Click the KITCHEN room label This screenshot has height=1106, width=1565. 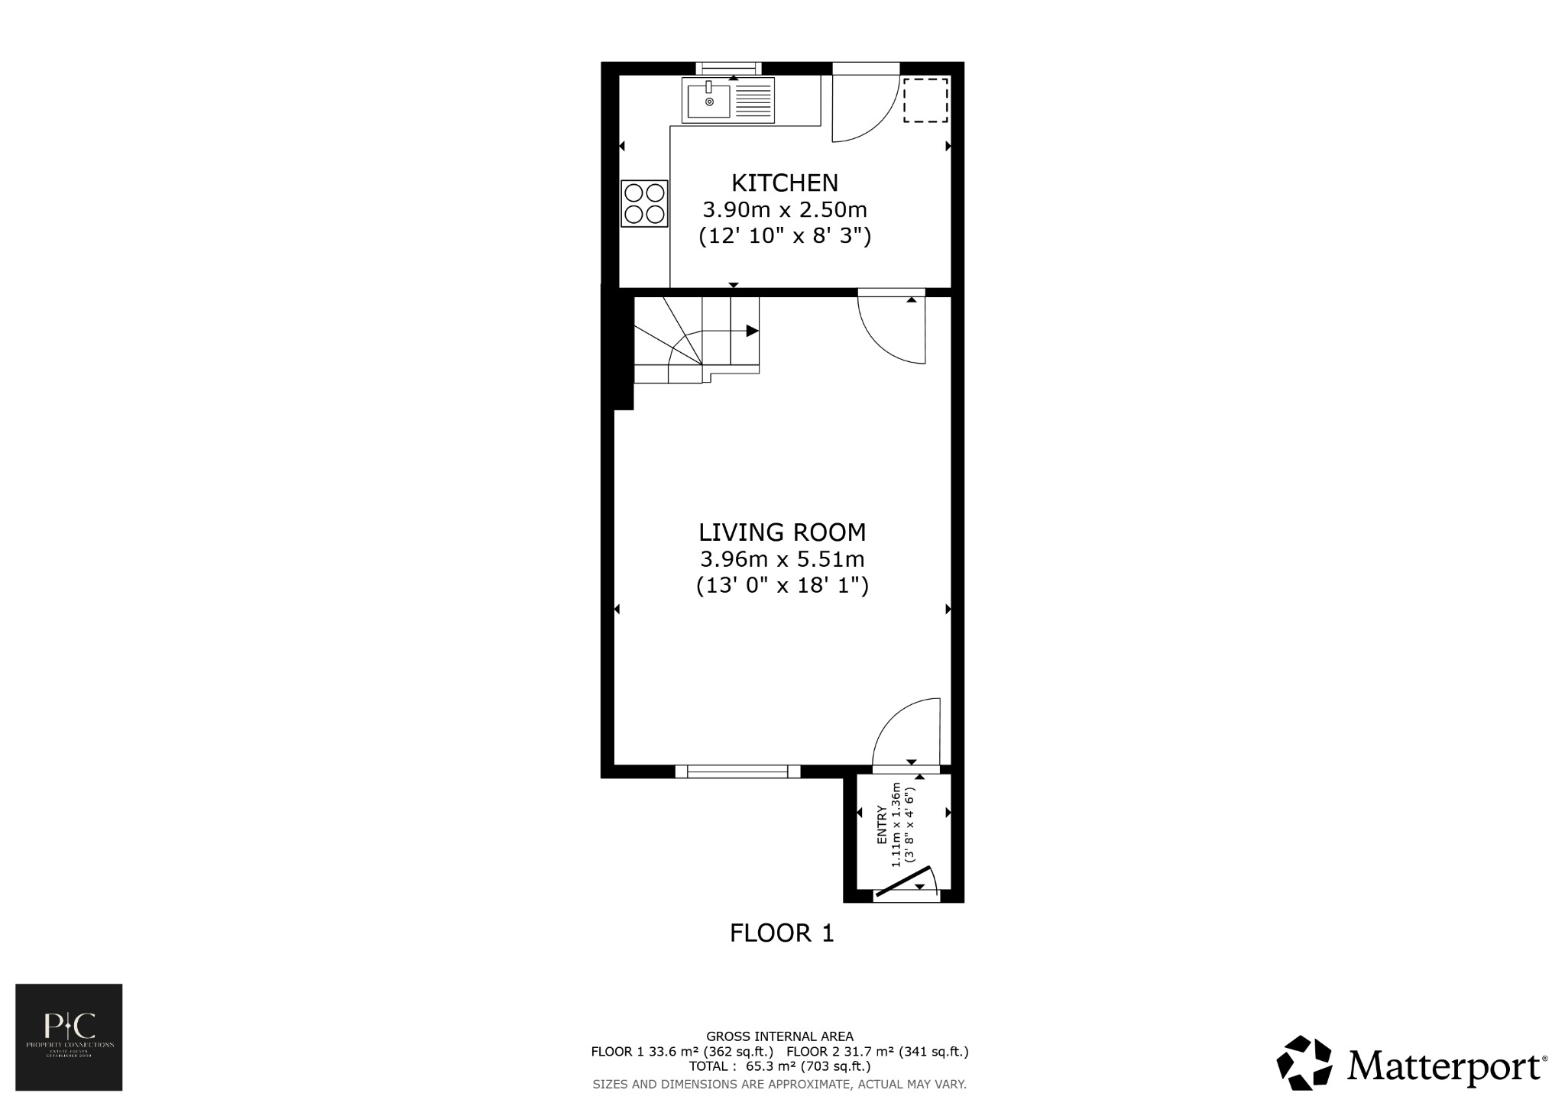[x=785, y=183]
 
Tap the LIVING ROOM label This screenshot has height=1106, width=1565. [x=782, y=532]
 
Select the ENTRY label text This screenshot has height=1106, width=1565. [x=882, y=825]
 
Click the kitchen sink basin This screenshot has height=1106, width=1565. [x=708, y=101]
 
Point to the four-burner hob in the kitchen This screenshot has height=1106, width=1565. [x=644, y=203]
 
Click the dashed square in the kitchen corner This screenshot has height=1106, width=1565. [x=925, y=100]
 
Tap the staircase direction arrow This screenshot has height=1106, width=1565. [x=751, y=331]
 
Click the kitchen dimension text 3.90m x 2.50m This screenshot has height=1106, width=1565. [x=785, y=209]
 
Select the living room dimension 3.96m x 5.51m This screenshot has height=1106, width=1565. [x=782, y=559]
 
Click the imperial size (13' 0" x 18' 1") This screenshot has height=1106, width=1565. [x=782, y=586]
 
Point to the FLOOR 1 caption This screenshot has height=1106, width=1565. [x=782, y=933]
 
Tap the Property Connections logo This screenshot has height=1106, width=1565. [x=69, y=1036]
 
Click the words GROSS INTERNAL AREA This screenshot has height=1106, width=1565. [x=779, y=1036]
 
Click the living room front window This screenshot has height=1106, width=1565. [x=737, y=771]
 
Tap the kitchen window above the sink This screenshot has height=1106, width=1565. [x=728, y=68]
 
